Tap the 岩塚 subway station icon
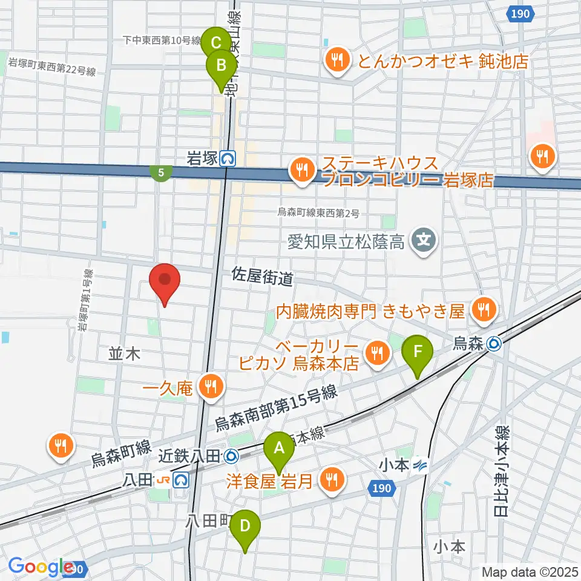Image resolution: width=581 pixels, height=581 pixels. point(228,159)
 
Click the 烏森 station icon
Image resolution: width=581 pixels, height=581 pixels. point(494,344)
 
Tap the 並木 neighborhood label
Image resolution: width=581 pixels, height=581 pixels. point(125,354)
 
